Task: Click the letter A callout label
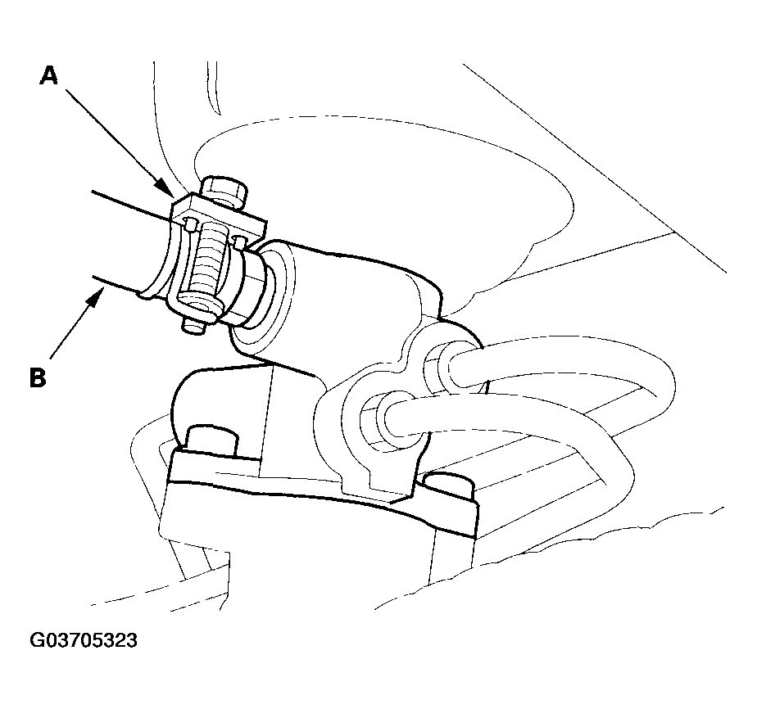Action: tap(49, 76)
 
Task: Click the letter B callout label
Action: tap(38, 377)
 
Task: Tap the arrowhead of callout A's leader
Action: tap(166, 189)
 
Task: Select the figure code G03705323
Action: tap(84, 640)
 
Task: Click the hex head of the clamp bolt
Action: tap(224, 190)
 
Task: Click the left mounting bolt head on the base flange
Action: tap(211, 440)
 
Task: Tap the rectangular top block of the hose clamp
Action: tap(220, 215)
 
